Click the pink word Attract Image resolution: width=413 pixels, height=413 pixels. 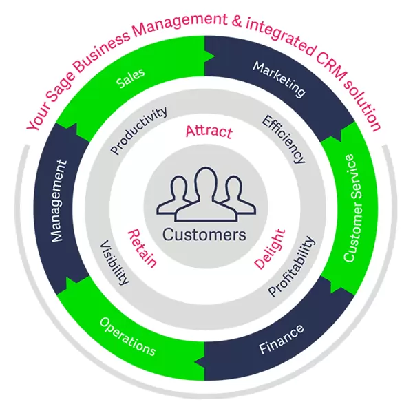point(209,131)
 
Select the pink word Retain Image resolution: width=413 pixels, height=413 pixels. point(142,248)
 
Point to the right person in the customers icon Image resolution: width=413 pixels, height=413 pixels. point(235,196)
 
